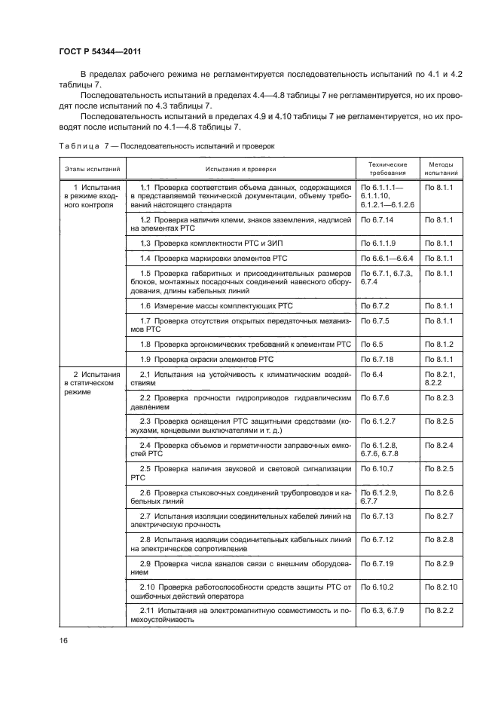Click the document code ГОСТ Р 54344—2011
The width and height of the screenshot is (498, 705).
coord(100,51)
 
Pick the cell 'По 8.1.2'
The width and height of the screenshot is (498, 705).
coord(438,343)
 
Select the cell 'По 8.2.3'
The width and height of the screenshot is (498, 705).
coord(438,397)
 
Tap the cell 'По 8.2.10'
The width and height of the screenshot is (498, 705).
coord(441,586)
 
